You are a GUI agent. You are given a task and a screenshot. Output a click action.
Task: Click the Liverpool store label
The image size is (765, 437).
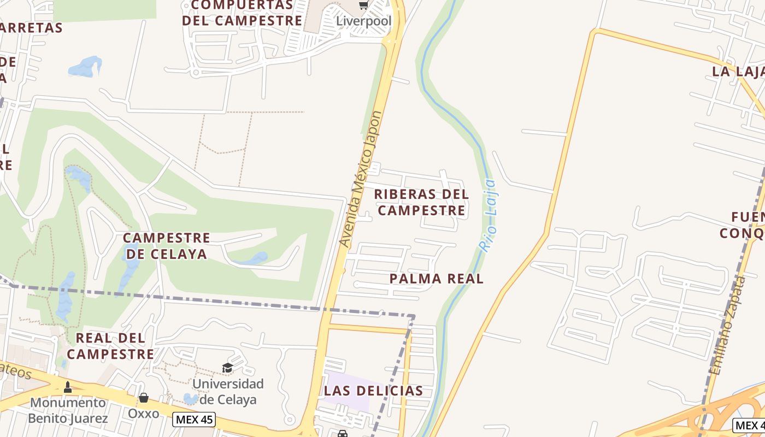point(363,21)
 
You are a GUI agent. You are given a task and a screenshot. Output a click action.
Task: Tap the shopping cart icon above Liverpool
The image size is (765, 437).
point(363,5)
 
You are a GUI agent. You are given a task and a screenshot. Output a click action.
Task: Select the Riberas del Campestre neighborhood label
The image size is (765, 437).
point(421,202)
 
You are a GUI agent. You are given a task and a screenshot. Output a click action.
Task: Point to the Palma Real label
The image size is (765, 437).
point(437,279)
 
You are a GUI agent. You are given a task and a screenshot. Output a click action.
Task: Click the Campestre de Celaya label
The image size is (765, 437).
point(166,246)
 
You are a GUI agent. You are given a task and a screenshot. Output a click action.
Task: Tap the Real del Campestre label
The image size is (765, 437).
point(110,346)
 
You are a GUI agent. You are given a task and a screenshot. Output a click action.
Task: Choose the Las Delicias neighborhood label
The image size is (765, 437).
point(373,391)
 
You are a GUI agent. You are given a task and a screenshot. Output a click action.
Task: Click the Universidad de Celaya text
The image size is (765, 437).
point(228,392)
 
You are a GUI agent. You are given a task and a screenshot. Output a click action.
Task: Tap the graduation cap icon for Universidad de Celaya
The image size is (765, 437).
point(227,368)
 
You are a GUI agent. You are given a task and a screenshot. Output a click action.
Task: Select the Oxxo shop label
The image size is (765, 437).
point(144,414)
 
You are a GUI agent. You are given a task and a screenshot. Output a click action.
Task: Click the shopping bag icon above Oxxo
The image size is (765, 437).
point(144,398)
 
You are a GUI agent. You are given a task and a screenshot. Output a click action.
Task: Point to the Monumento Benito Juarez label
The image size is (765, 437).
point(68,411)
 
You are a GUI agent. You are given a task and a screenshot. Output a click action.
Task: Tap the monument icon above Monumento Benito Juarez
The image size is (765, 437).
point(68,387)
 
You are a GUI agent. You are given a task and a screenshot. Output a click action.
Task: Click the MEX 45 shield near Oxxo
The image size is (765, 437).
point(194,420)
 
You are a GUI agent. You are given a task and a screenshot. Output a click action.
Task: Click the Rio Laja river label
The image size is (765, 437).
point(487,215)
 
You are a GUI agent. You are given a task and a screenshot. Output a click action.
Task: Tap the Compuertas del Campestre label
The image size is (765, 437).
point(242,13)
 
